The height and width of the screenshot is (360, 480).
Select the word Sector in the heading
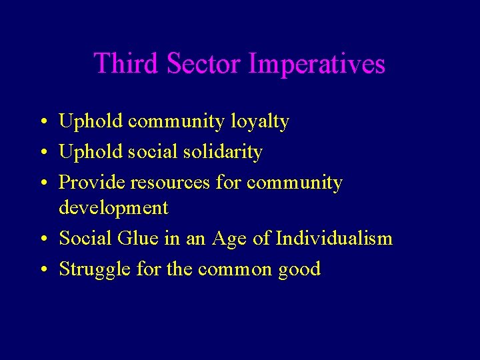[x=204, y=64]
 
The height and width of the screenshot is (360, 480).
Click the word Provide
[x=93, y=183]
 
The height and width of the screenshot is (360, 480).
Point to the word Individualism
[x=334, y=238]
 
